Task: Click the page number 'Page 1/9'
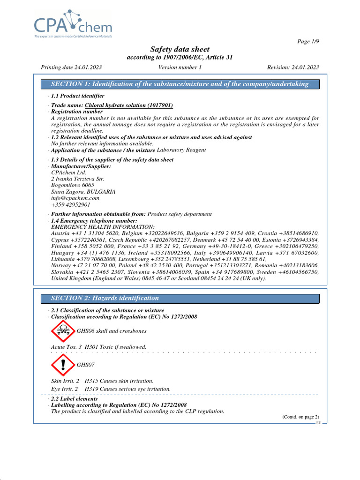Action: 308,42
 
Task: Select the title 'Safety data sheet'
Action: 180,49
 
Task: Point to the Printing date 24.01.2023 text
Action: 71,67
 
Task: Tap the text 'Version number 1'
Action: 180,67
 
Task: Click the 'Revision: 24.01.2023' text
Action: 292,67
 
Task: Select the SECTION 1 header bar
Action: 180,84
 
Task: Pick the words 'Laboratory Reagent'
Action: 181,150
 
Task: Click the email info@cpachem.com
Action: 75,198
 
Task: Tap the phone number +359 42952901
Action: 71,205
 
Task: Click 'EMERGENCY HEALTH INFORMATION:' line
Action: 102,227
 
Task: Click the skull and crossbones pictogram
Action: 62,331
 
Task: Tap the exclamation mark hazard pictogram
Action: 62,364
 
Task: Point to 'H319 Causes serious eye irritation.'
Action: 127,389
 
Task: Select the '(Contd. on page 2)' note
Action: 300,417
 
